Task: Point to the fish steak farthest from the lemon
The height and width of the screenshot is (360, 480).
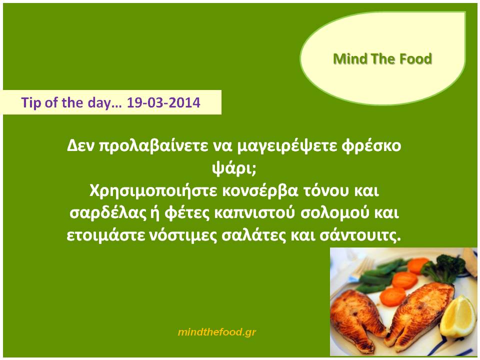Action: tap(356, 321)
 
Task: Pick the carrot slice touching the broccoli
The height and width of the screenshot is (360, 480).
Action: tap(418, 265)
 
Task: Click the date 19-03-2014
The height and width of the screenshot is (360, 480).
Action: tap(163, 102)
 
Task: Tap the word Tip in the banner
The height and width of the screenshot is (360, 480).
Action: tap(31, 103)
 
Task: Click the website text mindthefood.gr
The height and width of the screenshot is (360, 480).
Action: tap(216, 332)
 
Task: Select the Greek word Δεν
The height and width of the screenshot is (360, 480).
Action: tap(81, 146)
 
